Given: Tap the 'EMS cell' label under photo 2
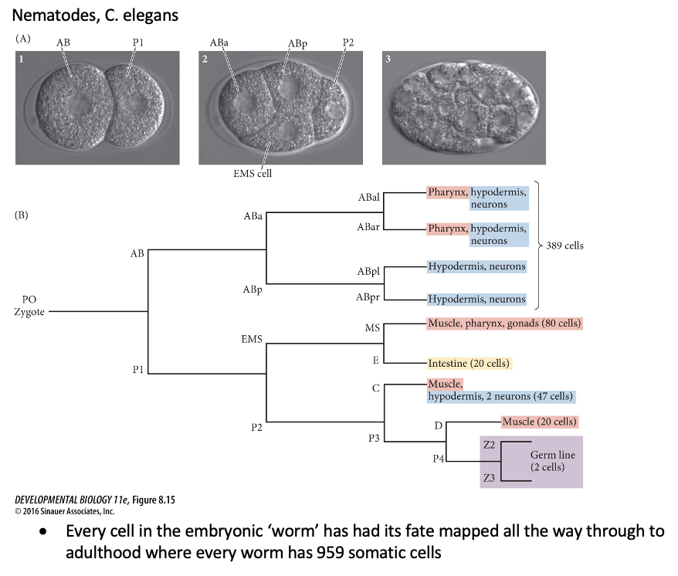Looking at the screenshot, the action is point(252,174).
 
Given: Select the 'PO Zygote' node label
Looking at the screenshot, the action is point(29,306).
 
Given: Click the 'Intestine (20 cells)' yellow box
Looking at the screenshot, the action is point(470,363).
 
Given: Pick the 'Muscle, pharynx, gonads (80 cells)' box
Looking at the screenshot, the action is point(503,324).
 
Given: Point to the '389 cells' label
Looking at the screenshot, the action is point(566,246).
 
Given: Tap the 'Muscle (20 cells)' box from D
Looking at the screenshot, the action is point(540,422).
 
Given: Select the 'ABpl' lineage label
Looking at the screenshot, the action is point(368,272).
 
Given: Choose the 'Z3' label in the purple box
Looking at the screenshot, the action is point(488,479).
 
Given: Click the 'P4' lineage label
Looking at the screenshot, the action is point(439,459).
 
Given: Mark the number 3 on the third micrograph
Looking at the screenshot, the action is point(390,59).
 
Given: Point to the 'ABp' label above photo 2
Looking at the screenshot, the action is point(297,44).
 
